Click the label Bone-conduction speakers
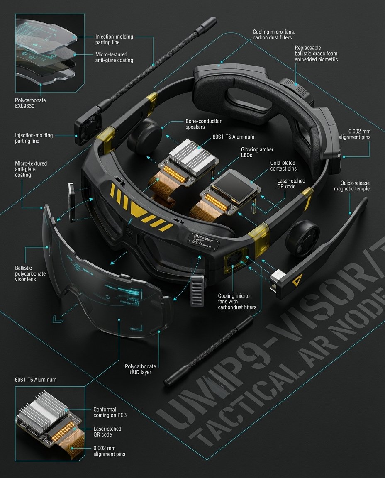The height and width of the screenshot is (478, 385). [x=204, y=124]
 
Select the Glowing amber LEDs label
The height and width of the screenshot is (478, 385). [x=257, y=152]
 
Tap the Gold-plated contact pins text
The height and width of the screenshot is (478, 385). [x=283, y=166]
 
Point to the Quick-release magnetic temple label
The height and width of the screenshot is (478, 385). [x=352, y=186]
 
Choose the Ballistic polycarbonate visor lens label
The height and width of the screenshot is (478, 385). [x=30, y=274]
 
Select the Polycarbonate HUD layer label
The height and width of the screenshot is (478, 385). [x=140, y=369]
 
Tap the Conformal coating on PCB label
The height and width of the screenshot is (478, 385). [x=105, y=412]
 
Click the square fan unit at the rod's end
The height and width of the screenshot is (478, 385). [x=87, y=129]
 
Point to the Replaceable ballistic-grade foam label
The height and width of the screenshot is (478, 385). [x=316, y=54]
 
